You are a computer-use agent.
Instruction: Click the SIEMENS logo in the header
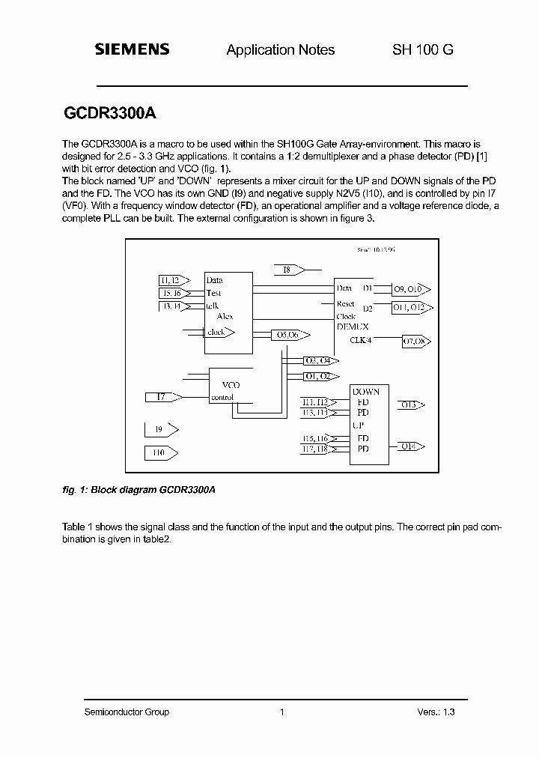tap(132, 49)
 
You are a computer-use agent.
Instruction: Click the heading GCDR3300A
tap(106, 114)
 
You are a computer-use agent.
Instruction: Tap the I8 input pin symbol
tap(288, 270)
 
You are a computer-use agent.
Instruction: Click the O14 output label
tap(408, 446)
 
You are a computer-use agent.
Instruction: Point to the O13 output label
tap(409, 405)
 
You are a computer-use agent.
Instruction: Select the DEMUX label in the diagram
tap(352, 327)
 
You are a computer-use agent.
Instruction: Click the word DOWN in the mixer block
tap(366, 392)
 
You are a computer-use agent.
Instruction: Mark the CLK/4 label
tap(361, 340)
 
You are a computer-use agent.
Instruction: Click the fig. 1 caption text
tap(138, 489)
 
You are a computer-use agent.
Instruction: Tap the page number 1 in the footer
tap(281, 712)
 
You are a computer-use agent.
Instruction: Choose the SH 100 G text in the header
tap(423, 50)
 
